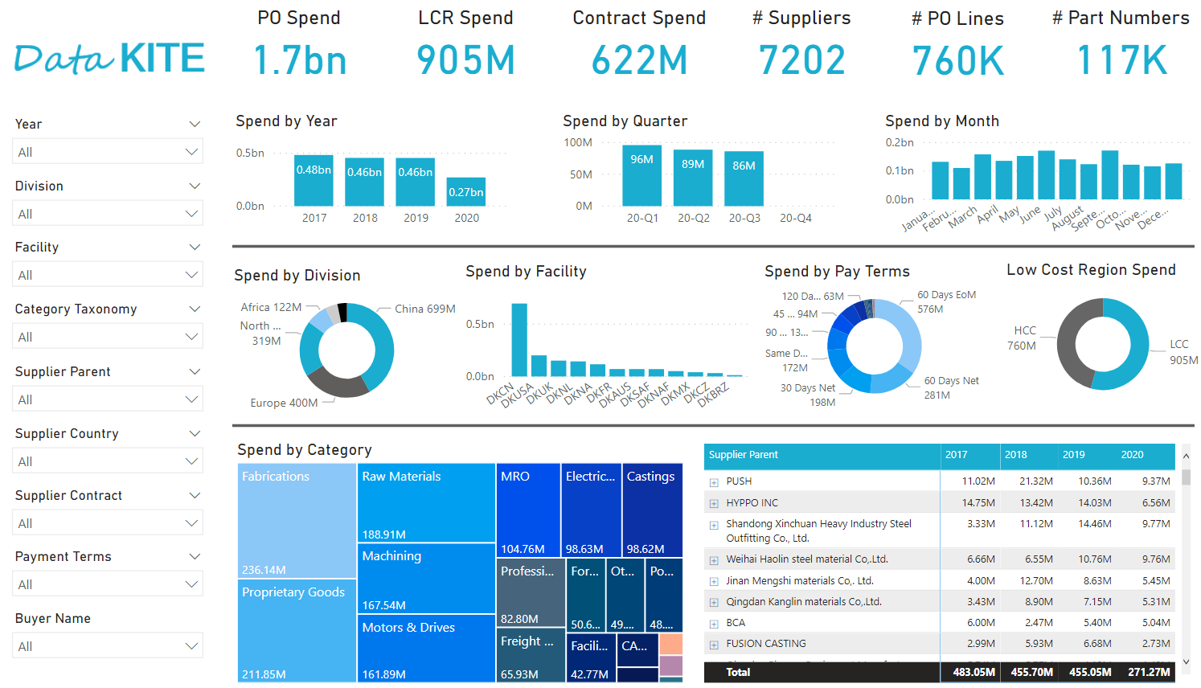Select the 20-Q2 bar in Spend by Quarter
692,177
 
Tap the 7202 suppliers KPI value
801,61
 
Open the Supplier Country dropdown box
107,461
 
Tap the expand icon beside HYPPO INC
713,503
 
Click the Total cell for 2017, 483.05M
974,672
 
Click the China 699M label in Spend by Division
424,309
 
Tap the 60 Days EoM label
946,295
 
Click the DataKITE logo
109,59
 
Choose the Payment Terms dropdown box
107,584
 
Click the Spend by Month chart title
941,121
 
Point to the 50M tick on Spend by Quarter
580,174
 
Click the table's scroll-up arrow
1185,456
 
